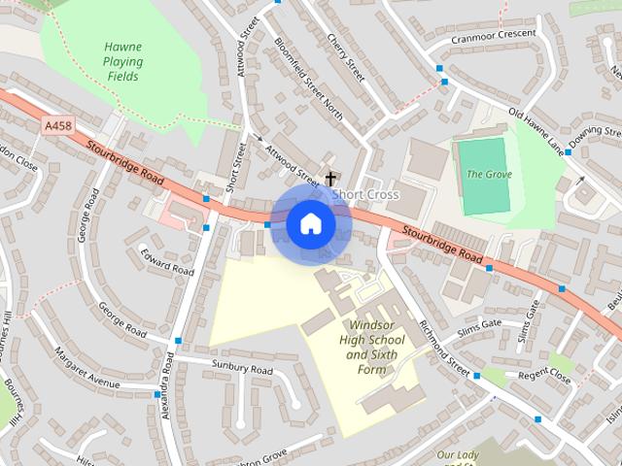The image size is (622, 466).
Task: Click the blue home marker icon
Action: tap(309, 224)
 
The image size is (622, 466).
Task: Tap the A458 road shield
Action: tap(57, 125)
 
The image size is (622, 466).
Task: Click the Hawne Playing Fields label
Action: tap(122, 61)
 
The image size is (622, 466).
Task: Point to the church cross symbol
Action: tap(331, 178)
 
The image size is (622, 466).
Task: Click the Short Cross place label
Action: tap(366, 194)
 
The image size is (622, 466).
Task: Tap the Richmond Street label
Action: tap(442, 346)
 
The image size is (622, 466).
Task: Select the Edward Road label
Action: tap(168, 260)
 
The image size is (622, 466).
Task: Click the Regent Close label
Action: tap(544, 376)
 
